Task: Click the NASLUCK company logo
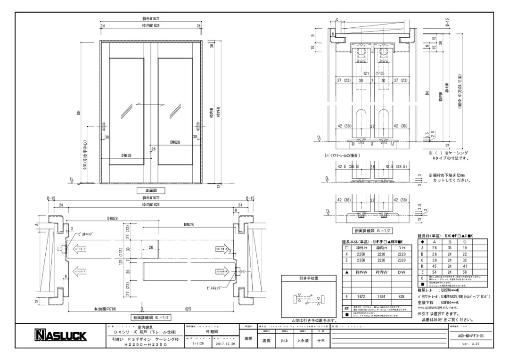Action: [x=61, y=336]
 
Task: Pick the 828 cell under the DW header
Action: [x=401, y=297]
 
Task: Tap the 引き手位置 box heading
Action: [x=309, y=278]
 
